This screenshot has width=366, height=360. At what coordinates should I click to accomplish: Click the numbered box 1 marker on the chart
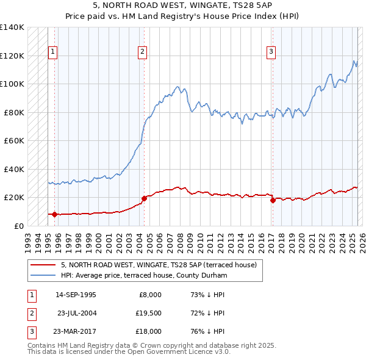click(53, 52)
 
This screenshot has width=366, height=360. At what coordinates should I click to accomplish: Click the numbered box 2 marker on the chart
click(142, 52)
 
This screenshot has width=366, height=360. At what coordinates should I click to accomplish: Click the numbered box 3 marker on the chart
click(271, 52)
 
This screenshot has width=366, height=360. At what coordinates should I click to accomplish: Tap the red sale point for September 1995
click(54, 214)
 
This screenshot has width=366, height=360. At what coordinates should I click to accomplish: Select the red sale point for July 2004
click(144, 198)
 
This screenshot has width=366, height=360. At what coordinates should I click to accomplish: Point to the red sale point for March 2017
click(272, 200)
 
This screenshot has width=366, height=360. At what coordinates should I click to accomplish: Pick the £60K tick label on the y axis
click(14, 140)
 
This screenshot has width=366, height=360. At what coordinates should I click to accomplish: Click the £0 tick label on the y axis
click(19, 226)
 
